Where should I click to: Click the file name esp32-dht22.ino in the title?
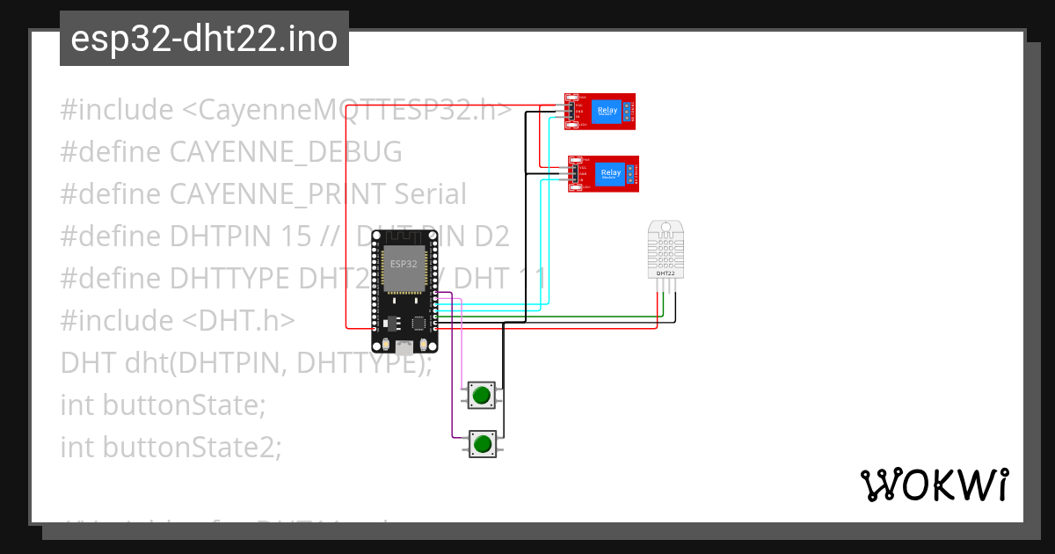204,39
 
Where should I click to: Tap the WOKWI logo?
934,485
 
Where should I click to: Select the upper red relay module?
600,111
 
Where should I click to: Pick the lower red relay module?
603,173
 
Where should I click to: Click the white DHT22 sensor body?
666,251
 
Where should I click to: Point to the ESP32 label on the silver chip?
404,264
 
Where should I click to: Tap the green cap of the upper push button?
481,396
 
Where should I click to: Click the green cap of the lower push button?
481,444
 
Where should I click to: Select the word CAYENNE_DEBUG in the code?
286,152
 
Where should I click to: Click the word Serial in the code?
430,194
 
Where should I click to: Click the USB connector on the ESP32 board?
404,346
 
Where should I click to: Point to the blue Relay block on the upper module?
606,110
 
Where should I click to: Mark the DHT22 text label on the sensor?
666,273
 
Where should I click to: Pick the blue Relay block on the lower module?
610,172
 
